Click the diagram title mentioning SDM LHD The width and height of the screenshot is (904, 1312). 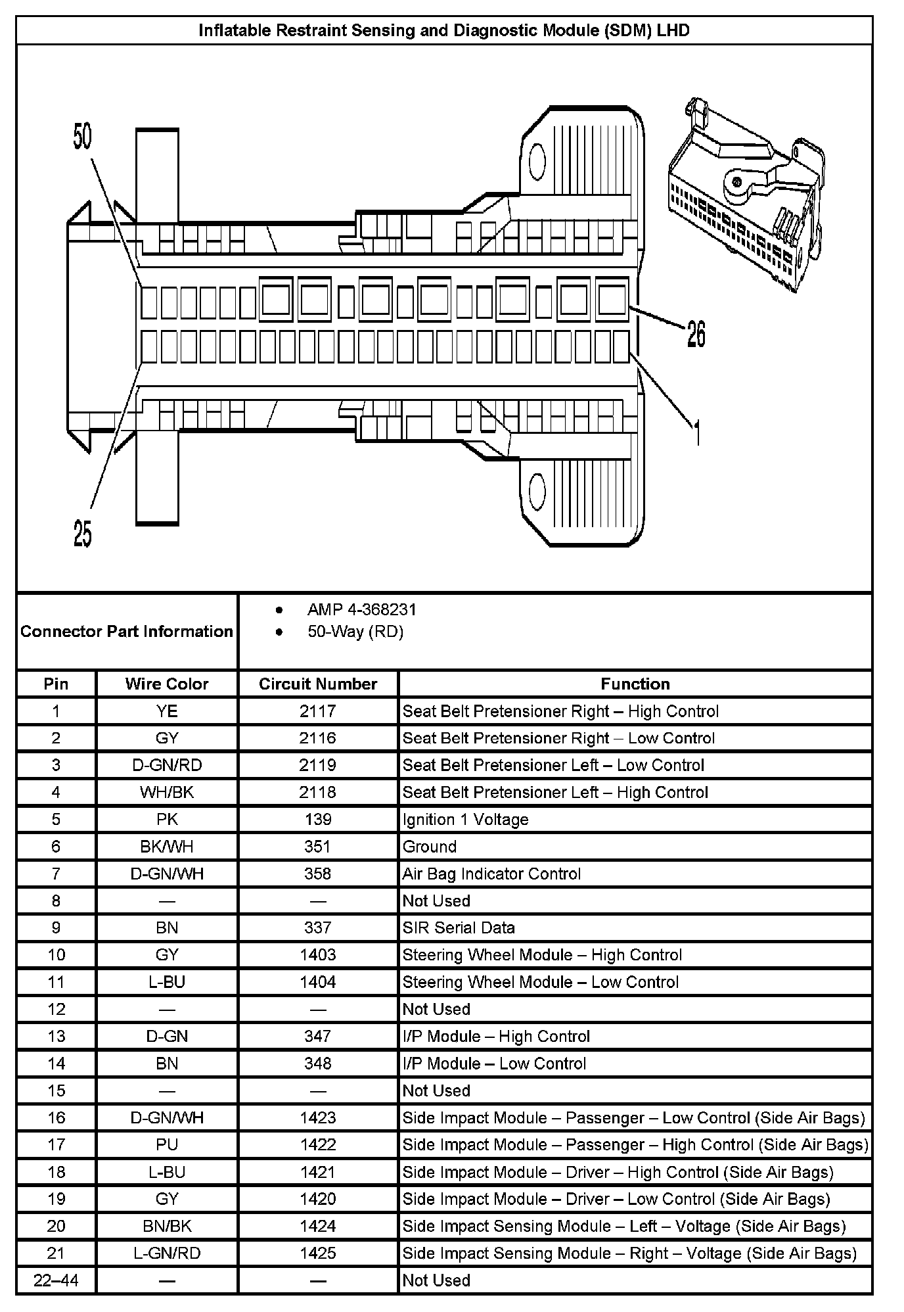[444, 30]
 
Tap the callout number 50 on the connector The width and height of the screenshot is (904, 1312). [82, 137]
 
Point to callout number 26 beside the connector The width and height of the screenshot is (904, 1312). [696, 333]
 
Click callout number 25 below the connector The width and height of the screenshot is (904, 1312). [82, 533]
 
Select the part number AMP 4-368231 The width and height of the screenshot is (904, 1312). [361, 609]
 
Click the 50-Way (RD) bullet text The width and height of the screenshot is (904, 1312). [355, 632]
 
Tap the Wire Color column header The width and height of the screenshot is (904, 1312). [167, 684]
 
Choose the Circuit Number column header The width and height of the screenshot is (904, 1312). [318, 684]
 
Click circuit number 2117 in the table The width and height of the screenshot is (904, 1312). [318, 711]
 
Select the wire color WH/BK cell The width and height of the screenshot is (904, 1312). [167, 792]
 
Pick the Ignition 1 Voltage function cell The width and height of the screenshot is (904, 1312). [465, 819]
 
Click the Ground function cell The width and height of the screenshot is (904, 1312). [429, 847]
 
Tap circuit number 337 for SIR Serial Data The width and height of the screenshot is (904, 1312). [318, 927]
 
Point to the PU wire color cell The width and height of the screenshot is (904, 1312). [167, 1144]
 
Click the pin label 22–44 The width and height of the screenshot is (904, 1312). [56, 1280]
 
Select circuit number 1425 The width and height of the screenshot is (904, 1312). [318, 1253]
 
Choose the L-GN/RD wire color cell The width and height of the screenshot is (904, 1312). [167, 1253]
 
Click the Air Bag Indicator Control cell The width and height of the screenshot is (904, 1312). [491, 874]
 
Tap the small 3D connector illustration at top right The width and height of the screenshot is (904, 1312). [746, 194]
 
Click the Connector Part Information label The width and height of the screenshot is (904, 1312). [127, 632]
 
